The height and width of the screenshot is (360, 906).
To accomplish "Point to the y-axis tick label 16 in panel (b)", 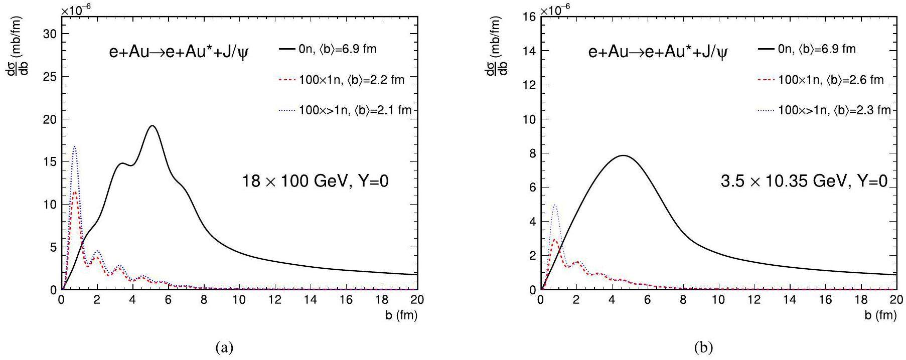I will point(530,17).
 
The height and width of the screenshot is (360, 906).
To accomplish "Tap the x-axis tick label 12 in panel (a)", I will point(275,300).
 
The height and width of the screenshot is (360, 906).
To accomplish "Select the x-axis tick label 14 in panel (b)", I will point(790,300).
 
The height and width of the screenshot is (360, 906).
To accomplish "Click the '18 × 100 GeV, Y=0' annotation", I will point(316,182).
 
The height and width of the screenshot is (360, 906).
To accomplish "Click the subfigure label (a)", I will point(224,347).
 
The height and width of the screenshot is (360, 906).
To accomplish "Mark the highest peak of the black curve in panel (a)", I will point(153,126).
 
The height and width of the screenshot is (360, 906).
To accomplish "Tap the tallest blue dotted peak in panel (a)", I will point(75,146).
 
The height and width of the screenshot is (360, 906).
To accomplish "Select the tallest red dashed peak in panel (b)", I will point(554,240).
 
